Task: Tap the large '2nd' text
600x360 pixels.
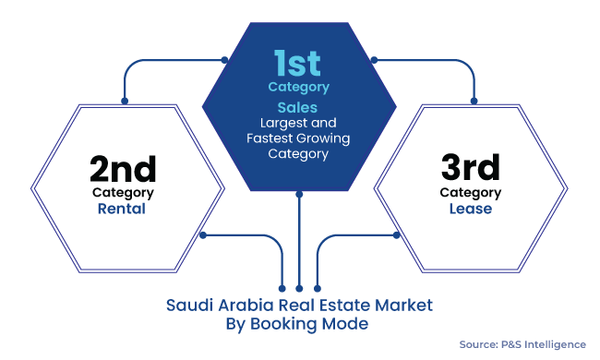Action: tap(123, 169)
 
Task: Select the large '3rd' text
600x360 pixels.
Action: tap(470, 169)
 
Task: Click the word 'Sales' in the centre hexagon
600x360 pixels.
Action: tap(298, 107)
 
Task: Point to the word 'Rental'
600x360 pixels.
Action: tap(123, 209)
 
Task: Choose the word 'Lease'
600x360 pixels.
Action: tap(471, 209)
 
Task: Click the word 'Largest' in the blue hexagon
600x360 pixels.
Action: tap(282, 123)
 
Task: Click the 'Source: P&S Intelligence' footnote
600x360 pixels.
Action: tap(522, 344)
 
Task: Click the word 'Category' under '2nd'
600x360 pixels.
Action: tap(123, 193)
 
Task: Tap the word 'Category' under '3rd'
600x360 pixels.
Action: tap(471, 193)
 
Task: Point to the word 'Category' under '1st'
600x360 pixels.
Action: tap(298, 87)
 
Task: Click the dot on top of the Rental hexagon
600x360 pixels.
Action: tap(124, 101)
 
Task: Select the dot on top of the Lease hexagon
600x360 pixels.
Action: tap(474, 101)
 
